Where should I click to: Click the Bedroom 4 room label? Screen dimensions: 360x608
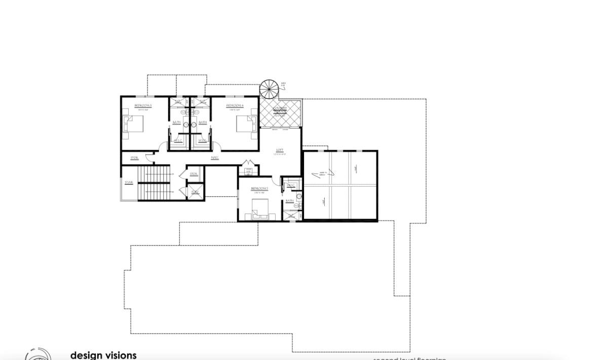235,105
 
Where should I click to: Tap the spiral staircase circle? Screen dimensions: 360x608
269,90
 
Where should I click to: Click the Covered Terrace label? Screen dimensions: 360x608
280,110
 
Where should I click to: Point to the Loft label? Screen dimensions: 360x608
280,150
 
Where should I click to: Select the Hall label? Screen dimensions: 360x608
215,158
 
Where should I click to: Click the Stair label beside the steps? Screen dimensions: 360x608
129,183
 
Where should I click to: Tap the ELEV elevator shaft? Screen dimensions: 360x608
195,192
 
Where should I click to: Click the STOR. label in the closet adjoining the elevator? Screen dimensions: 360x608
194,174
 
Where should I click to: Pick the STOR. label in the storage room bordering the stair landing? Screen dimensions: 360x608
134,158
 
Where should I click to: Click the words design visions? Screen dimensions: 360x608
103,355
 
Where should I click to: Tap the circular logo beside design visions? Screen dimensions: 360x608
38,355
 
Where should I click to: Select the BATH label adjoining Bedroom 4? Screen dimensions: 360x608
203,122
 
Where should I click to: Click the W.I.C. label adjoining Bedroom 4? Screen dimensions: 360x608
202,140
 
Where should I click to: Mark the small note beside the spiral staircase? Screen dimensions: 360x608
283,84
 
